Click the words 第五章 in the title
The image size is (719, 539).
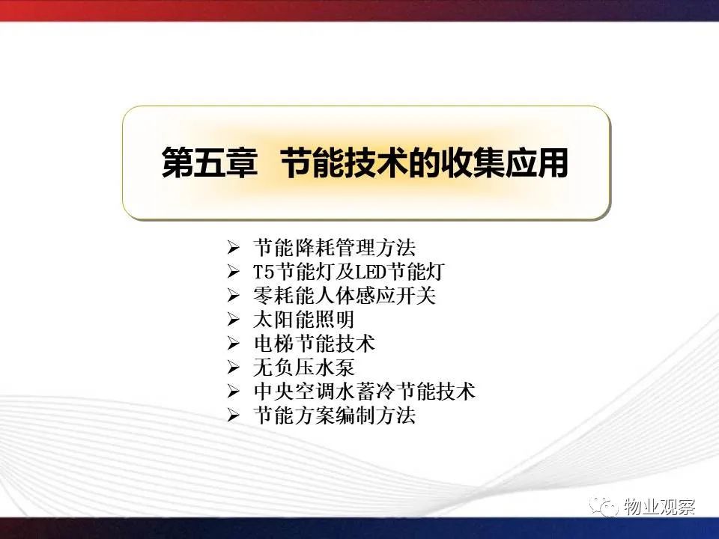pyautogui.click(x=209, y=162)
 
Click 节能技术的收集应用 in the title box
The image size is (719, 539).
pyautogui.click(x=424, y=162)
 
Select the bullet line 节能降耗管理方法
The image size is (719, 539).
pyautogui.click(x=334, y=248)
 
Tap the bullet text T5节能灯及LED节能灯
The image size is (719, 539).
pyautogui.click(x=349, y=272)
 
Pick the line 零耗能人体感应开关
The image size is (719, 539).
pyautogui.click(x=345, y=296)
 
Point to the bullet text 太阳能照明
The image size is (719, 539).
pyautogui.click(x=303, y=320)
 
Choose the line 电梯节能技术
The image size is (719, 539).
pyautogui.click(x=314, y=344)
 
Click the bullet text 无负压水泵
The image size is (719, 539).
pyautogui.click(x=303, y=368)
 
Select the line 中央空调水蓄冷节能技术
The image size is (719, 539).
pyautogui.click(x=365, y=392)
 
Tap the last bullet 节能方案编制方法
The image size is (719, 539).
pyautogui.click(x=334, y=415)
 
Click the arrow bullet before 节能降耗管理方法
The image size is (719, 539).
pyautogui.click(x=234, y=249)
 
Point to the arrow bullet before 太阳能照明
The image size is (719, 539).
pyautogui.click(x=234, y=320)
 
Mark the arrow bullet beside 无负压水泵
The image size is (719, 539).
pyautogui.click(x=234, y=368)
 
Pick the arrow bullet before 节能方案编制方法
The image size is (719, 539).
pyautogui.click(x=234, y=415)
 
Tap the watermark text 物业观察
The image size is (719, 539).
pyautogui.click(x=659, y=507)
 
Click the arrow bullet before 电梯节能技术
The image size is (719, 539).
pyautogui.click(x=234, y=344)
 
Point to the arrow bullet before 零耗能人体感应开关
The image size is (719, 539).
pyautogui.click(x=234, y=296)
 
